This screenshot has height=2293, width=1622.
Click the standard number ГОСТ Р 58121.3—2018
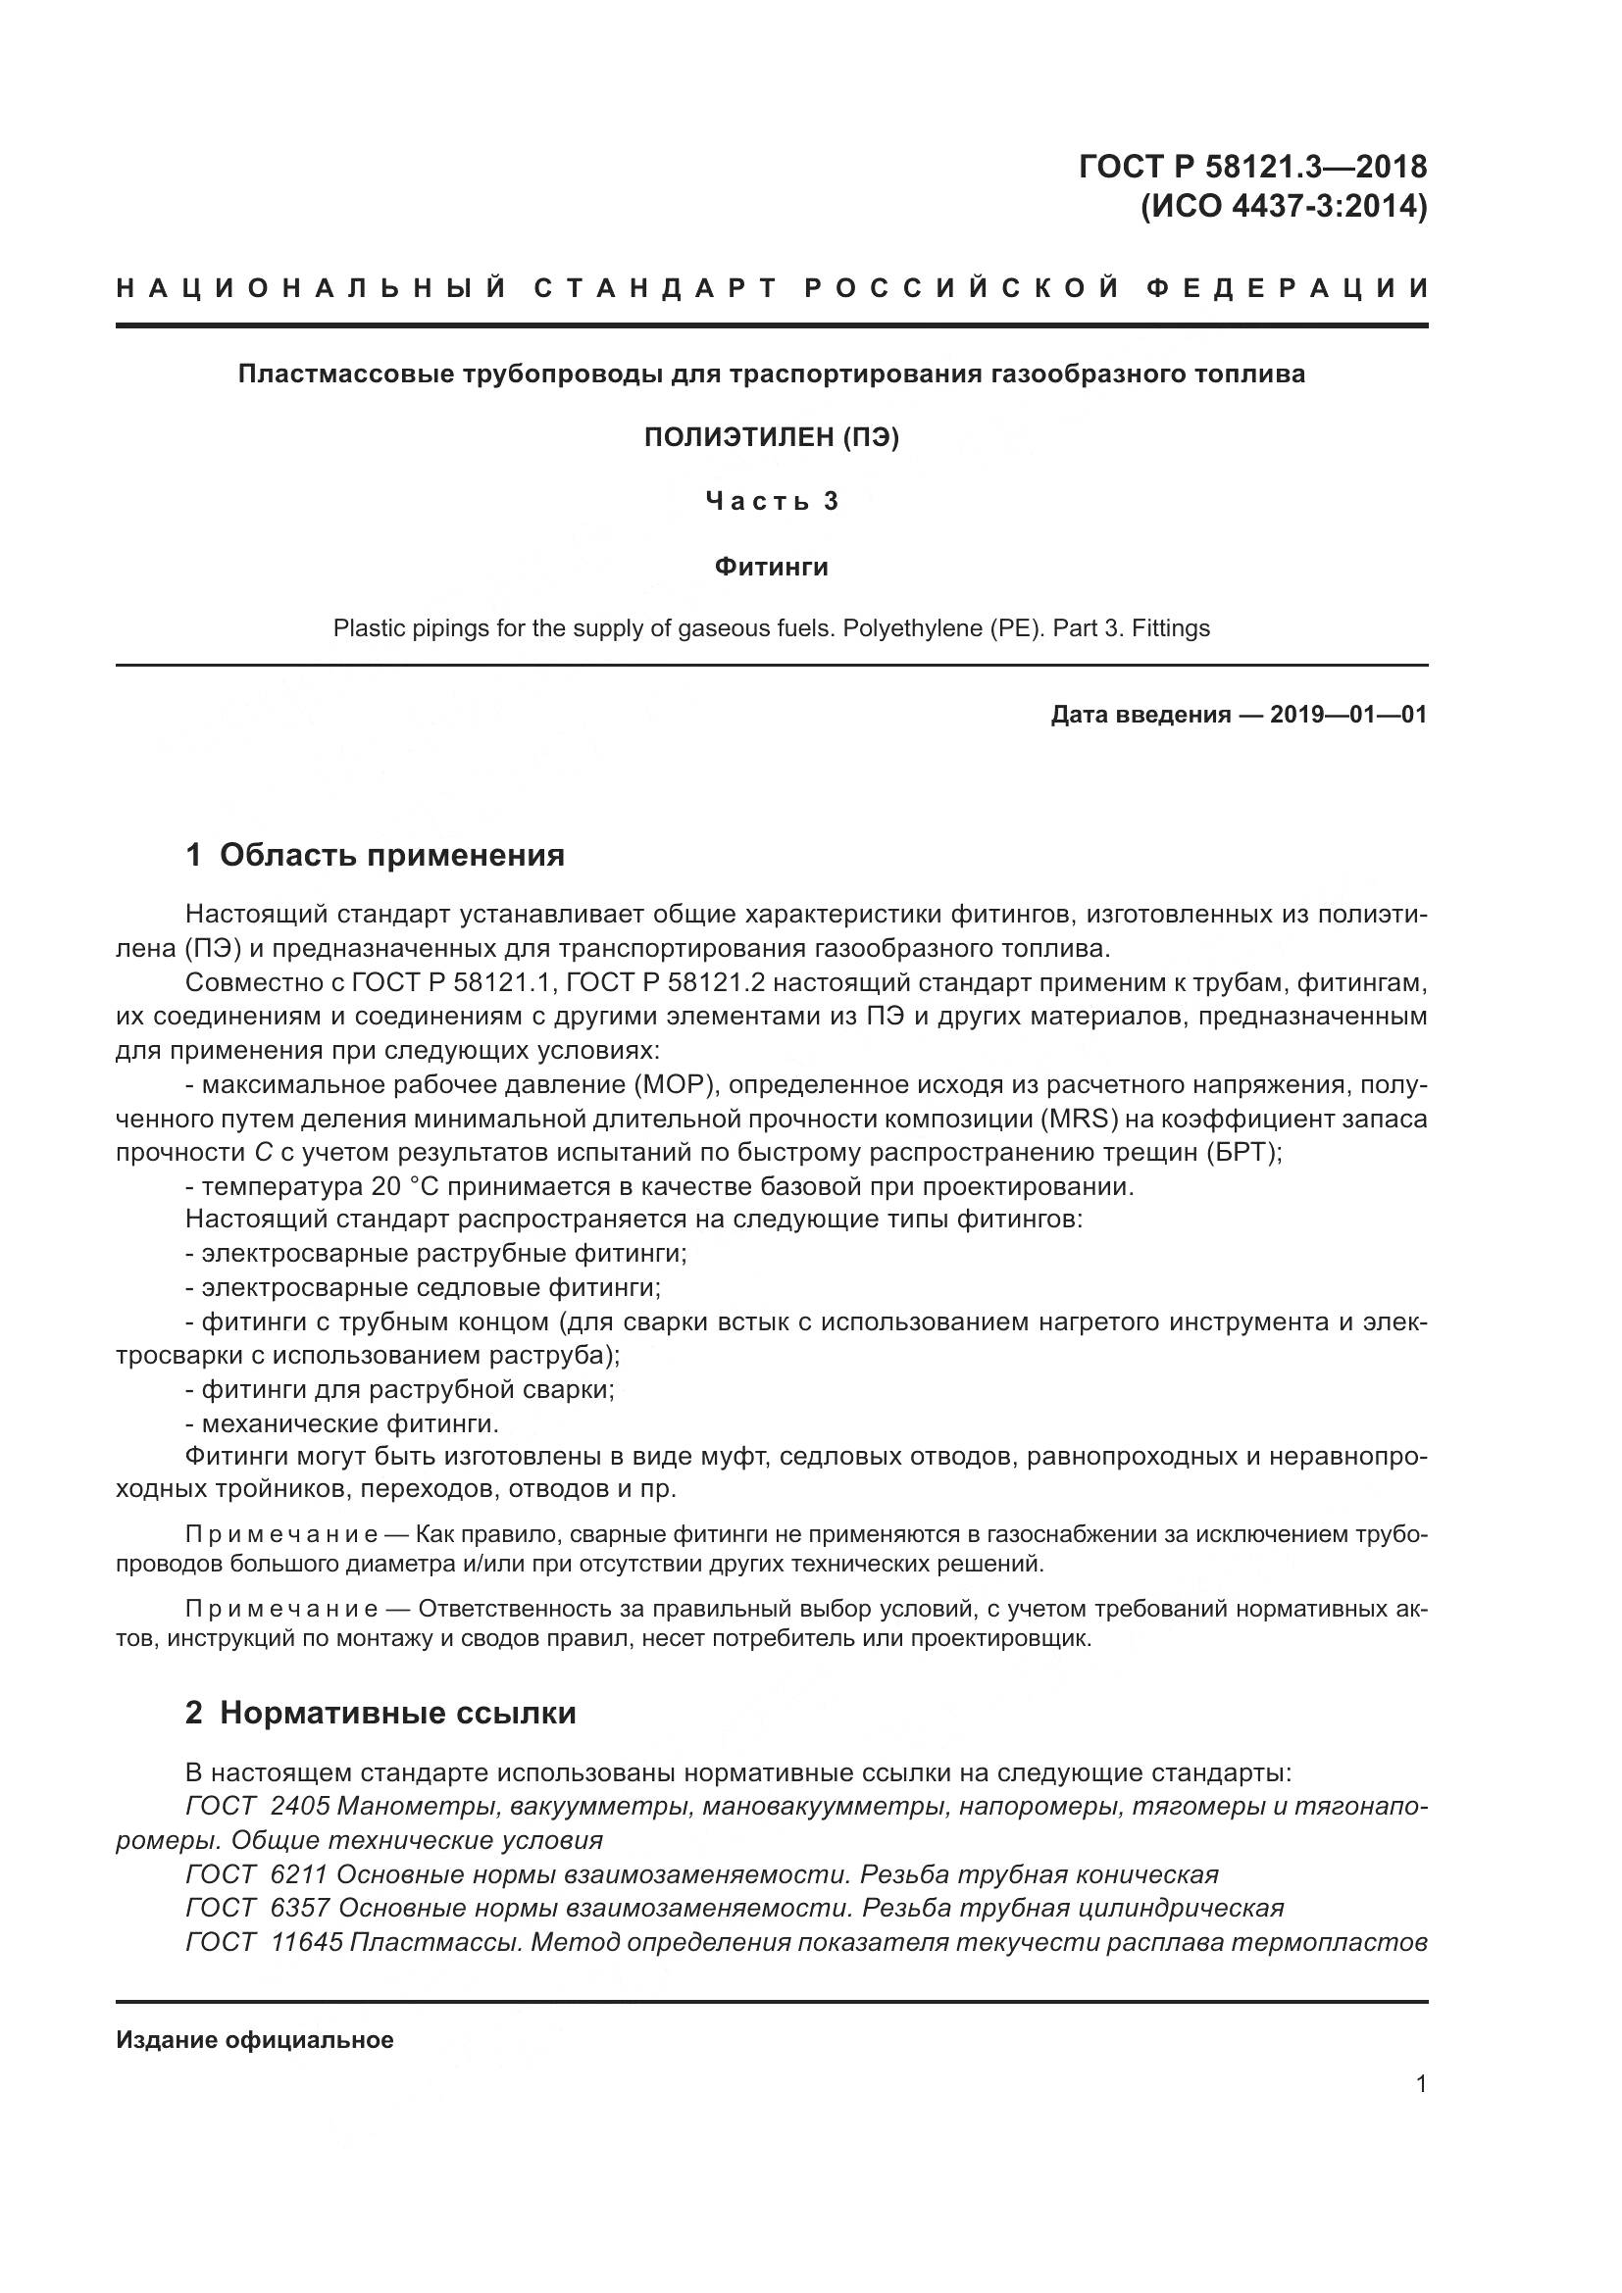click(x=1252, y=167)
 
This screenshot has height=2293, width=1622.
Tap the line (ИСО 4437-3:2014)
click(x=1284, y=207)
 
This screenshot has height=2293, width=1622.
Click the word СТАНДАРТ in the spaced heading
click(x=654, y=289)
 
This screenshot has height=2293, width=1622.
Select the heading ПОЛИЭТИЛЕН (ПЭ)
click(x=771, y=437)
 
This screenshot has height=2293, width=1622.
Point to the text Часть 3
click(x=771, y=501)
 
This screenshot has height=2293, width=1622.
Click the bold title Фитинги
click(x=771, y=568)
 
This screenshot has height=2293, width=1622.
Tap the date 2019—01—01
click(x=1348, y=715)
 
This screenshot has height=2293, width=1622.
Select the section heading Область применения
click(x=391, y=856)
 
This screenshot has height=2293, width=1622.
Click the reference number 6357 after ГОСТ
click(x=300, y=1909)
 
